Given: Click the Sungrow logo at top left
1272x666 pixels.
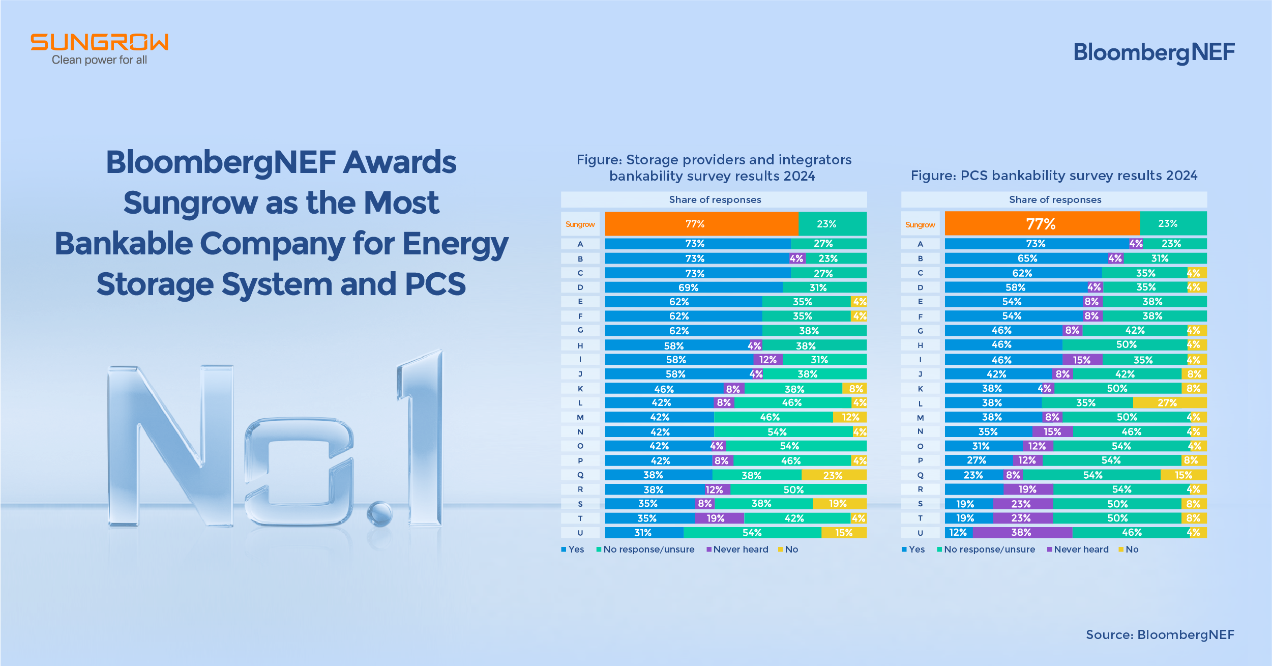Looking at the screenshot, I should (99, 49).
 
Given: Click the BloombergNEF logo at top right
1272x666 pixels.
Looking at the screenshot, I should (1153, 52).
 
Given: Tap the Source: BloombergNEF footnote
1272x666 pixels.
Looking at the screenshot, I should (1160, 634).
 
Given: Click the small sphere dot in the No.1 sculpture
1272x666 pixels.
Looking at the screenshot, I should (379, 513).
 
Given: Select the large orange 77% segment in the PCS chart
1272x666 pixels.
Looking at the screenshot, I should (1041, 224).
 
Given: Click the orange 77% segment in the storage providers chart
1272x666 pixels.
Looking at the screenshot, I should (701, 224).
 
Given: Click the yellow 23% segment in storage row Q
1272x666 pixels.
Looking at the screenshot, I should (834, 475).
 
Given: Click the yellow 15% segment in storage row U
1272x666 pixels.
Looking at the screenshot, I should (843, 533).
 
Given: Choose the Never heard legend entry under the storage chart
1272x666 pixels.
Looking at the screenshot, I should (740, 549).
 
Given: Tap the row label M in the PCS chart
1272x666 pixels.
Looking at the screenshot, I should (920, 418).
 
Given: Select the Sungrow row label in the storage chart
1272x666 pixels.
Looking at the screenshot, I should (580, 224).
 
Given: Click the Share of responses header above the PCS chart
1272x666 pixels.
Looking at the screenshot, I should (1055, 200).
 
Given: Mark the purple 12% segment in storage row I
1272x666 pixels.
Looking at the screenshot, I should (768, 360).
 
